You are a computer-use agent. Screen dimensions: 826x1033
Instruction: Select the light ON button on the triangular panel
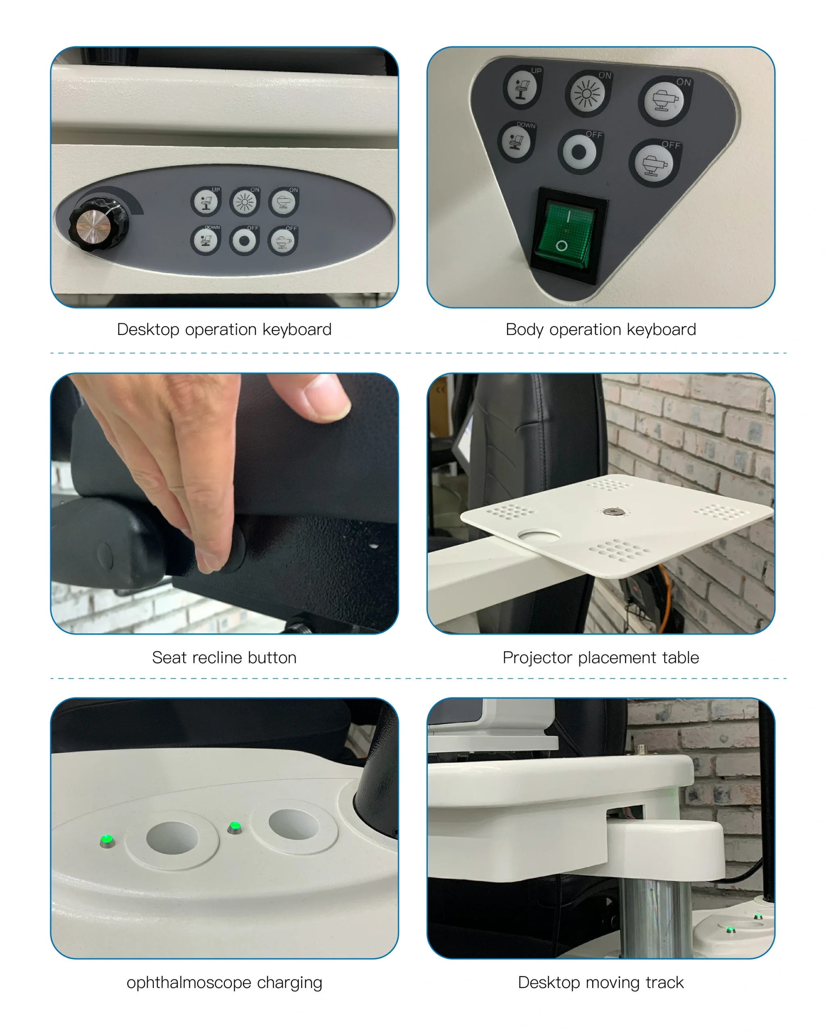[587, 94]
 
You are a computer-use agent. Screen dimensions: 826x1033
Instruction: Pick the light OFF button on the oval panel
[245, 240]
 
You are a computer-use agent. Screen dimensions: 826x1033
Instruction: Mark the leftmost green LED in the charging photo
[107, 840]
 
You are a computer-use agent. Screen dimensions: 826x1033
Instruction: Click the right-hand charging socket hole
[294, 824]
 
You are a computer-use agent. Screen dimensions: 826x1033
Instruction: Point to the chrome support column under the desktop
[656, 917]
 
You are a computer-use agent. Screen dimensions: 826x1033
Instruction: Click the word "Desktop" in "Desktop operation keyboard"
[148, 330]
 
